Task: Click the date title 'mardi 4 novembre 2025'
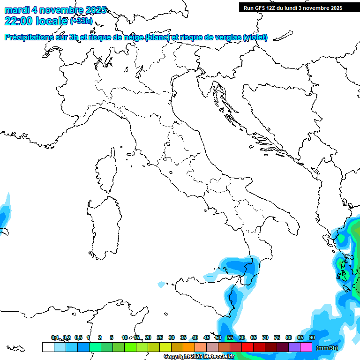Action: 55,10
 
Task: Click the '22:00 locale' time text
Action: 37,21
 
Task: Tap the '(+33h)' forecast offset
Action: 81,21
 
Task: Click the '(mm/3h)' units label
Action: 327,348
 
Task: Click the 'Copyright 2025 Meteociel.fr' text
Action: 199,357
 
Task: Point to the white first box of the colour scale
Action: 48,347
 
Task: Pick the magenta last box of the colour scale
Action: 306,347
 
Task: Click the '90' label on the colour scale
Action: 312,337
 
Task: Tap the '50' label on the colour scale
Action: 218,337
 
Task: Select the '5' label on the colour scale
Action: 112,337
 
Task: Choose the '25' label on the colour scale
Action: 160,337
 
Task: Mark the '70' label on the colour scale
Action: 265,337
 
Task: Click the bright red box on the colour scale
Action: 247,347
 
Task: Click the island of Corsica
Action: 106,172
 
